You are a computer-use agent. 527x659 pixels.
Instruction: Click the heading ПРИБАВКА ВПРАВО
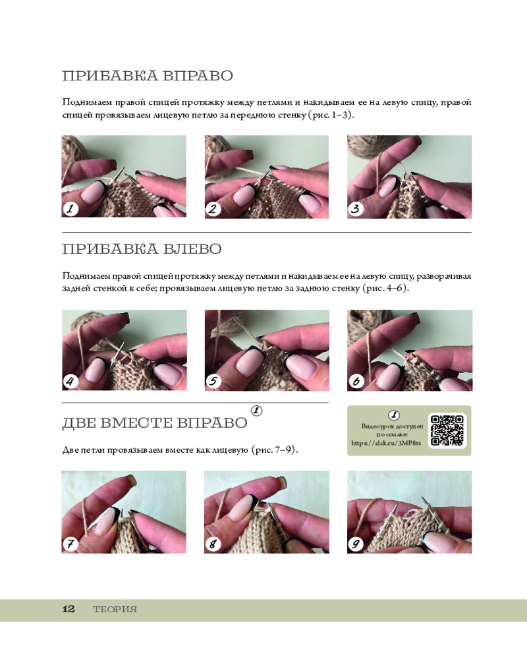tap(148, 76)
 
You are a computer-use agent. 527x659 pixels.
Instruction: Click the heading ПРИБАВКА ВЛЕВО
tap(142, 249)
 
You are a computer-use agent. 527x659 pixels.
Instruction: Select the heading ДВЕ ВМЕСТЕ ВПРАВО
tap(155, 423)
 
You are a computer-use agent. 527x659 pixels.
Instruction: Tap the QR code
tap(447, 430)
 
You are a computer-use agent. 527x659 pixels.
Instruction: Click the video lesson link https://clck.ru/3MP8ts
tap(386, 443)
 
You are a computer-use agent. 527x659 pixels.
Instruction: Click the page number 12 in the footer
tap(69, 609)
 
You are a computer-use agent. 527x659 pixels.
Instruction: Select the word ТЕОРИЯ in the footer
tap(115, 610)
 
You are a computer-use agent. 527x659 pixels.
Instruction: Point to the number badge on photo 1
tap(70, 208)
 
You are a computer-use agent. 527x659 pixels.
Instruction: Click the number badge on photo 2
tap(213, 208)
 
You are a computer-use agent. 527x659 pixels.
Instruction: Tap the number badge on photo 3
tap(356, 208)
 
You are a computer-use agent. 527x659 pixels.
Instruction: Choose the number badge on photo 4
tap(70, 381)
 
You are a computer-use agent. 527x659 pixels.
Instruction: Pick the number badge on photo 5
tap(213, 381)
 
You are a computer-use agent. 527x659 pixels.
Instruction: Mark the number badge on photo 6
tap(356, 381)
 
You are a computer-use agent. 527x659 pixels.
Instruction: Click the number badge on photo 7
tap(70, 544)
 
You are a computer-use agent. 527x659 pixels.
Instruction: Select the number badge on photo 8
tap(213, 544)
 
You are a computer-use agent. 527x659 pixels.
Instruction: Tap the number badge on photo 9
tap(356, 544)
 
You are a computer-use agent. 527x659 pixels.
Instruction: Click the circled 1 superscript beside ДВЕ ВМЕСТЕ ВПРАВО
tap(257, 411)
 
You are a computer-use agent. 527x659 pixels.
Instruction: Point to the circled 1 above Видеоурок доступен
tap(394, 415)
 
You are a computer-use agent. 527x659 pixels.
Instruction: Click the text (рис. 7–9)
tap(275, 449)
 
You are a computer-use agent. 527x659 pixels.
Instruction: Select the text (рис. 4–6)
tap(385, 289)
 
